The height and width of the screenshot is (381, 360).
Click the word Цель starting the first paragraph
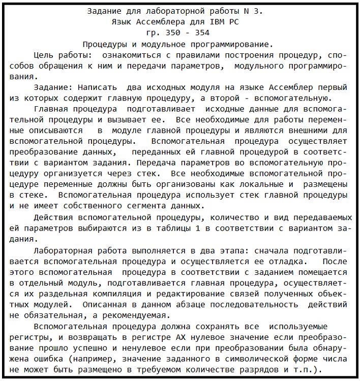[43, 55]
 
